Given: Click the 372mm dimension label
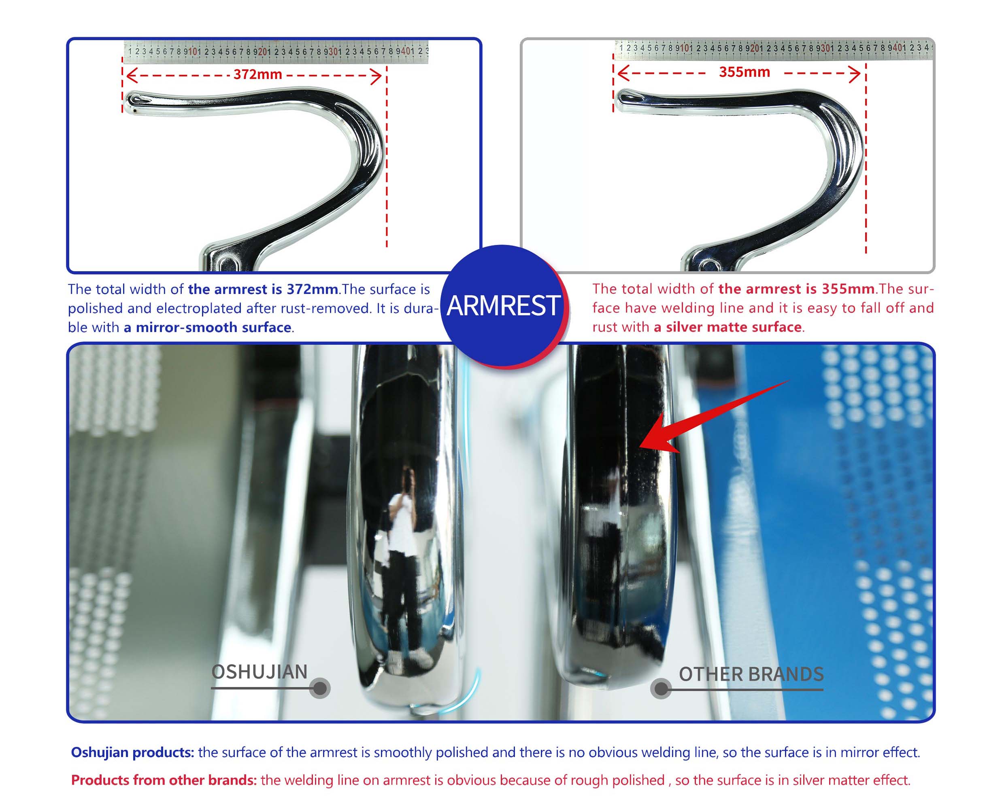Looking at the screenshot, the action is point(257,74).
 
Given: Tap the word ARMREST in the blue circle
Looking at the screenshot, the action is point(503,306).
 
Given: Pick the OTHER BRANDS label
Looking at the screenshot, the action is point(751,674).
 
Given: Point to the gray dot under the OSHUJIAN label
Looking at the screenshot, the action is point(320,688).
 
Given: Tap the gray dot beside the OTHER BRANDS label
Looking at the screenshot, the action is point(661,689).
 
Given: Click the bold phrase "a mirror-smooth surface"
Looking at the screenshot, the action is point(208,327).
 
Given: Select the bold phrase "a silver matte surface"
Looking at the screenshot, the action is point(727,327).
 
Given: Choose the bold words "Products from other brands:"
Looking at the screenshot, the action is point(164,780).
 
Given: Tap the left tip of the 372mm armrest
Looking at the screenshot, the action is point(127,100).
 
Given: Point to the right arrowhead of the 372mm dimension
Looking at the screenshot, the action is point(376,76).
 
